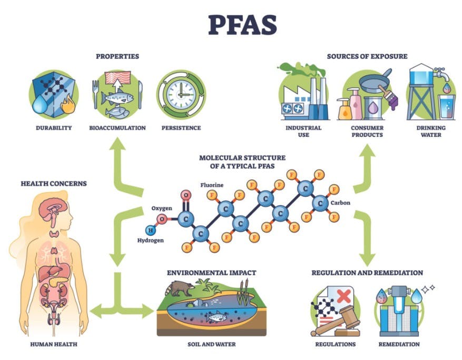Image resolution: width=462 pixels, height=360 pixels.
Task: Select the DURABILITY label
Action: click(x=54, y=128)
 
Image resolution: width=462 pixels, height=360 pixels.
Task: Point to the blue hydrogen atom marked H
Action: click(x=151, y=229)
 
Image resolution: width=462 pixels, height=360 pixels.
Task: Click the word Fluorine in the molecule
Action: click(x=211, y=185)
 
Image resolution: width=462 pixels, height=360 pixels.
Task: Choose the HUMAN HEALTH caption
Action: click(x=54, y=345)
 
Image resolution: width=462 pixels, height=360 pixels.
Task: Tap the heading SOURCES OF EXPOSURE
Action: click(x=367, y=56)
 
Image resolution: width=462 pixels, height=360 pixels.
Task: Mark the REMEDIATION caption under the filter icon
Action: click(x=399, y=345)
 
